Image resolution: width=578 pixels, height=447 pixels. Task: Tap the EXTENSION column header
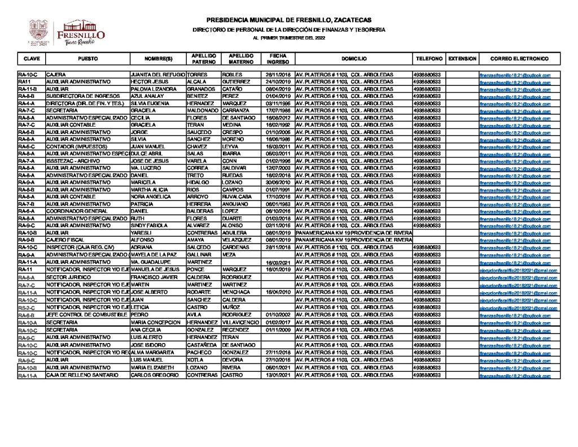tap(462, 59)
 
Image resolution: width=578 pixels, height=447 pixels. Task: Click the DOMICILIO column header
tap(354, 59)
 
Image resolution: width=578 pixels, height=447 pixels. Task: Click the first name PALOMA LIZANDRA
tap(150, 89)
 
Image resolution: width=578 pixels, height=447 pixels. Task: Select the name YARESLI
tap(141, 232)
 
